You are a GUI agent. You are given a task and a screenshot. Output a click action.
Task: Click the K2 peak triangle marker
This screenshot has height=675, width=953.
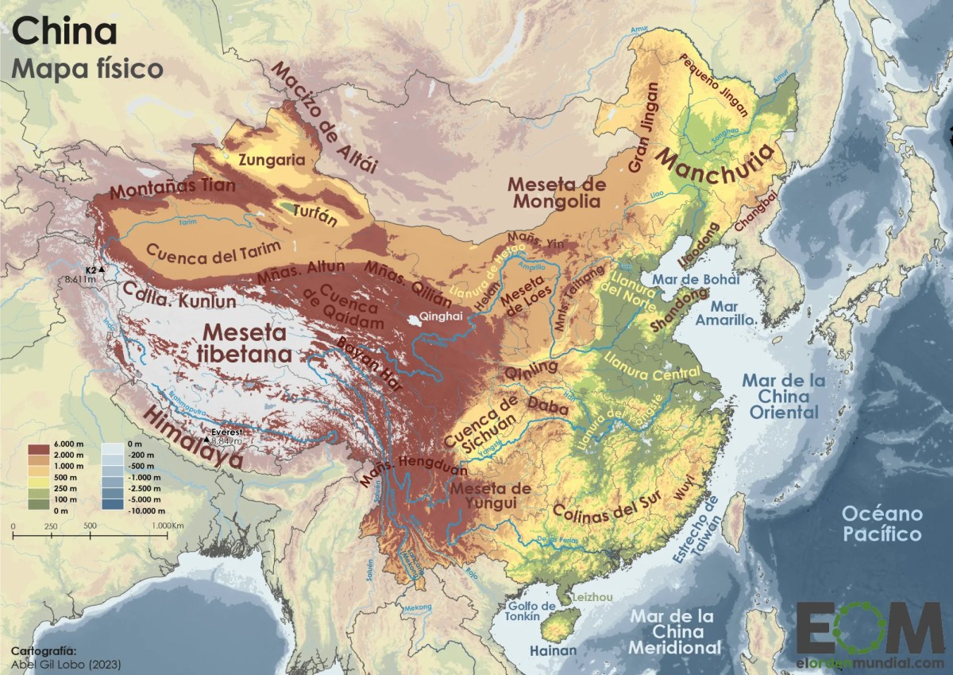tap(102, 271)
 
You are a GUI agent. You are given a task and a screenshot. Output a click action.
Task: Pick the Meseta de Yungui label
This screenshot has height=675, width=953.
tap(490, 495)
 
